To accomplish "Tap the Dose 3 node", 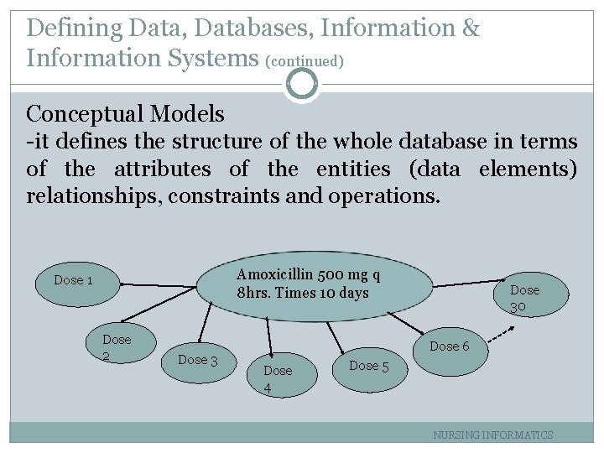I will pos(199,360).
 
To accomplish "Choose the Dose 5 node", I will pos(369,366).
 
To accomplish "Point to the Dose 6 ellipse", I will pos(449,346).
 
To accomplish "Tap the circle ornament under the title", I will pos(302,84).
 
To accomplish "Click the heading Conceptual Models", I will pos(126,113).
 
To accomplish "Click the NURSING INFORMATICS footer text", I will pos(492,435).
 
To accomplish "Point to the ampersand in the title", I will pos(471,29).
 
